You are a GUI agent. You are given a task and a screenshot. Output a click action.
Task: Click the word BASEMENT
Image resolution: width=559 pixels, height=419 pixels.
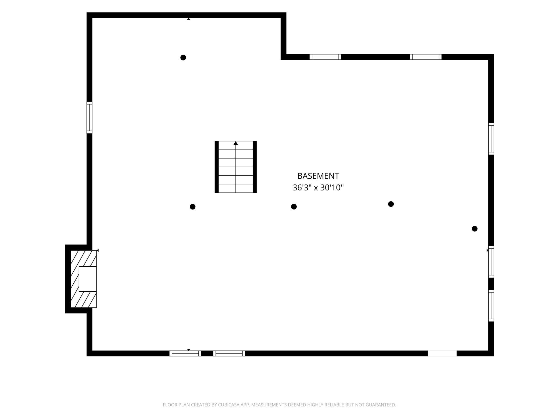point(318,176)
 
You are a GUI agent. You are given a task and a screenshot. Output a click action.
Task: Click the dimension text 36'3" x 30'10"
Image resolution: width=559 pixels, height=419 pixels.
point(318,187)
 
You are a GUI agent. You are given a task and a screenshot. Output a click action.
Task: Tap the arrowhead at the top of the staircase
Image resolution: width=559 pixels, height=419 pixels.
point(236,143)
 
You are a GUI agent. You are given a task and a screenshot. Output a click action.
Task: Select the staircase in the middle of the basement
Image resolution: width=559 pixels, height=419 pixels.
point(236,167)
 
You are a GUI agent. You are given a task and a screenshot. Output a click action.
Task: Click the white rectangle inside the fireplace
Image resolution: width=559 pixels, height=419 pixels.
point(88,279)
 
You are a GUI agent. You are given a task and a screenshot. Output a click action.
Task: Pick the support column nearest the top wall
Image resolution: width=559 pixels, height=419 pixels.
point(183,57)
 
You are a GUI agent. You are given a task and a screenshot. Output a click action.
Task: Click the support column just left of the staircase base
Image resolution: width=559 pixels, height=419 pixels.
point(192,207)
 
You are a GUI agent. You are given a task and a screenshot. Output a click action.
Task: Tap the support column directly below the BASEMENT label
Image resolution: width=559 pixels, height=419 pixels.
point(294,207)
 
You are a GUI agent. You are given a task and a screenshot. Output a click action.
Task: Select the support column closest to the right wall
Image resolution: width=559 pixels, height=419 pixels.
point(475,229)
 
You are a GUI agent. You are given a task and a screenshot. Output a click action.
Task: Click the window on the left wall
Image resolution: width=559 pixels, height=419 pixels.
point(89,117)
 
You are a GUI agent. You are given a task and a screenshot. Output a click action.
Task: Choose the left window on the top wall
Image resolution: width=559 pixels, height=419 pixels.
point(325,57)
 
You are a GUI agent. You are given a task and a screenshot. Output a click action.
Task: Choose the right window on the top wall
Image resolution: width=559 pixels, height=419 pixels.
point(426,57)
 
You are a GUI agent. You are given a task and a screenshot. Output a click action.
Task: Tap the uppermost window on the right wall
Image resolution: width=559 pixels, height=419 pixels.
point(491,139)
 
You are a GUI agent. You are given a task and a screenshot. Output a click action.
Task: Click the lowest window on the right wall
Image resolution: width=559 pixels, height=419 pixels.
point(491,306)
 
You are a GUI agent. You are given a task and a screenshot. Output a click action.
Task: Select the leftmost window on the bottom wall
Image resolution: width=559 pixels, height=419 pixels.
point(185,353)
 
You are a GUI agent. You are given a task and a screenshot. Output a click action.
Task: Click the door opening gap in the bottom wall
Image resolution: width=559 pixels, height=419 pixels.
point(442,353)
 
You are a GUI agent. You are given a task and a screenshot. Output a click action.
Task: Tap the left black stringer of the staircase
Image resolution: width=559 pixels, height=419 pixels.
point(217,167)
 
